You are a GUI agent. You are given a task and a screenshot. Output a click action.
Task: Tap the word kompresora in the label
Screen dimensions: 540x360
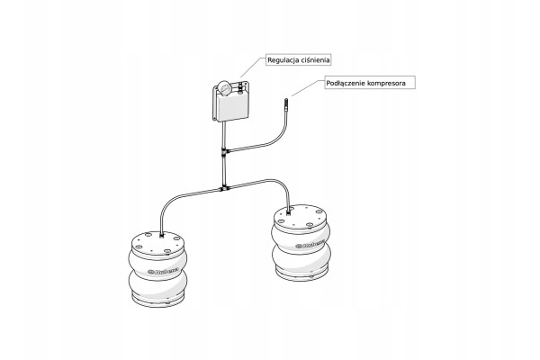[x=386, y=84]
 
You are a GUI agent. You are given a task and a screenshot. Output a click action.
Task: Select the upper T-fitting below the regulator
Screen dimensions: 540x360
[x=224, y=151]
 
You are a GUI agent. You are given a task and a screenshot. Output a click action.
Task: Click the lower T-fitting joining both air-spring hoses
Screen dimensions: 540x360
[x=224, y=189]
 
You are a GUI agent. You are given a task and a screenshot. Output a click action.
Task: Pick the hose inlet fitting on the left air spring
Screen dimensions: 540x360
[x=162, y=236]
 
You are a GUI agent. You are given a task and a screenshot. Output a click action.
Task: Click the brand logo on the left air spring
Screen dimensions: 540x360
[x=163, y=271]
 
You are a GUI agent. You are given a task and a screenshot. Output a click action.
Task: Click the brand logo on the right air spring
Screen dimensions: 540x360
[x=310, y=244]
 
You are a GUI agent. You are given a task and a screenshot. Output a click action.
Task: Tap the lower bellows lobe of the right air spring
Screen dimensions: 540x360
[x=301, y=258]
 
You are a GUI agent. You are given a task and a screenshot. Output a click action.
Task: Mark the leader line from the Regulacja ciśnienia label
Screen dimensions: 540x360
[x=253, y=67]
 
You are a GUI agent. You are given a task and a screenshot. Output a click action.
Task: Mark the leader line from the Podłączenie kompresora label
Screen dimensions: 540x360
[x=308, y=87]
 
